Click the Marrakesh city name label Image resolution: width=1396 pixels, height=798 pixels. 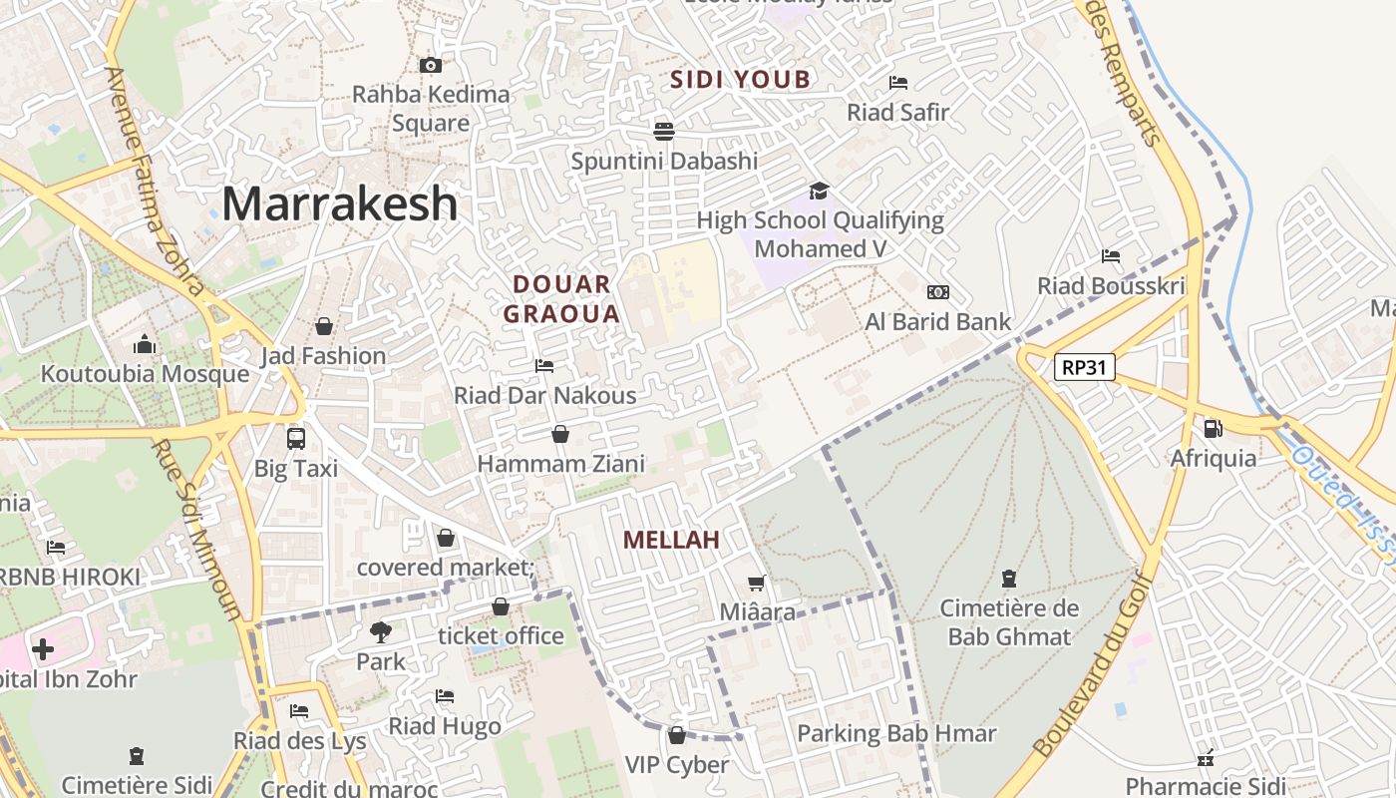point(340,203)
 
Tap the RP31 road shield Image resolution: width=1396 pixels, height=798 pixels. point(1084,367)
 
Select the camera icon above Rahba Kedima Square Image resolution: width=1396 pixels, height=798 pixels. point(431,66)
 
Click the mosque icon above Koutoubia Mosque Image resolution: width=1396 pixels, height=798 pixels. point(145,345)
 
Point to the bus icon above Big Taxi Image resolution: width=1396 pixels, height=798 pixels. point(296,438)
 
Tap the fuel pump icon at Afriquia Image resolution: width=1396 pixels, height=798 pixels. point(1213,429)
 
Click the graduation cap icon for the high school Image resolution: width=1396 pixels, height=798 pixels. point(819,191)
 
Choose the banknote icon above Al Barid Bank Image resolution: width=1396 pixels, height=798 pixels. point(937,292)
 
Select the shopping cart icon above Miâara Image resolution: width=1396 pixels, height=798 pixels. point(757,583)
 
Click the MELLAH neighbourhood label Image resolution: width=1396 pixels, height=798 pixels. point(671,540)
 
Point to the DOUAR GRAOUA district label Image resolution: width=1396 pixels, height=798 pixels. point(561,299)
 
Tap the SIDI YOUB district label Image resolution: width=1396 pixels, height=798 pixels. point(740,80)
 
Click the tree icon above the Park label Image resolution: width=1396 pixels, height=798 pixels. point(380,631)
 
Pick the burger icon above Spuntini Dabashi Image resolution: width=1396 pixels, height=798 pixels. point(664,131)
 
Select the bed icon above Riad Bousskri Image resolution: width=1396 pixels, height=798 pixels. point(1111,256)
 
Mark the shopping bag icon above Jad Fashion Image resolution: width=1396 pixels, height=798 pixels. point(323,326)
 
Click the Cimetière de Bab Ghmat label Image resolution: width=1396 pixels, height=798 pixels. point(1009,622)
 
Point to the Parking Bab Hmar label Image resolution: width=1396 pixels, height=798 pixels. point(896,734)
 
